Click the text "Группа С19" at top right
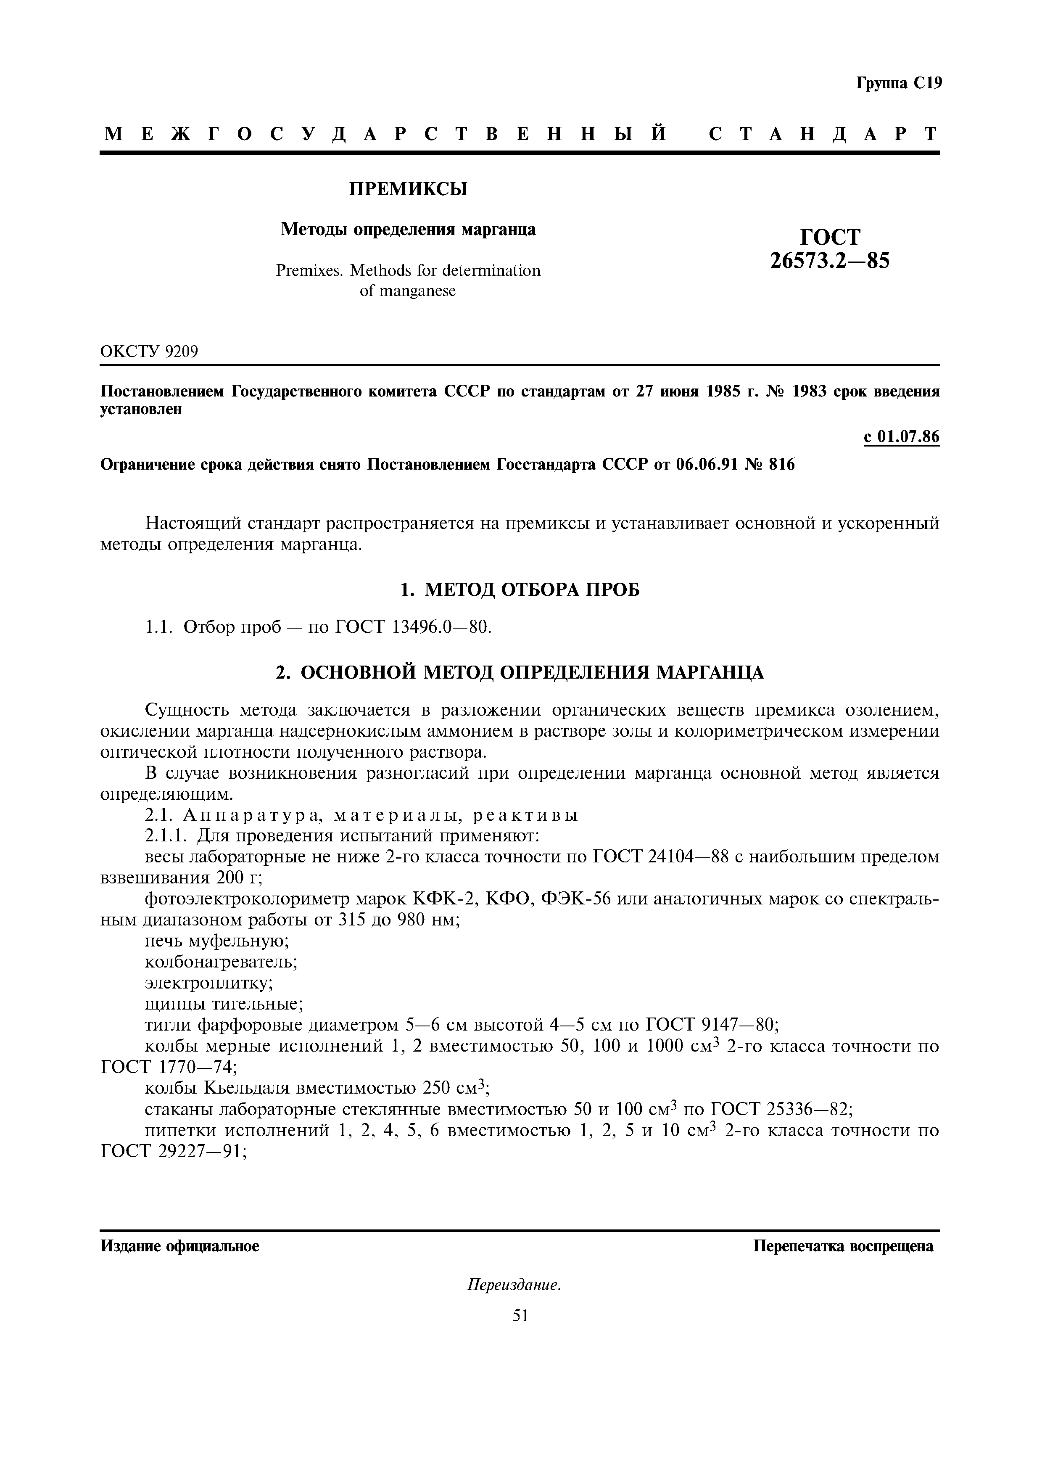(x=898, y=84)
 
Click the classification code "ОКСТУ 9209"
(x=149, y=352)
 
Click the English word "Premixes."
(x=310, y=270)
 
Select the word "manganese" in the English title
(x=417, y=291)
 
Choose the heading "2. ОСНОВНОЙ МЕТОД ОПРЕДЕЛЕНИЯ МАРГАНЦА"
(x=520, y=673)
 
